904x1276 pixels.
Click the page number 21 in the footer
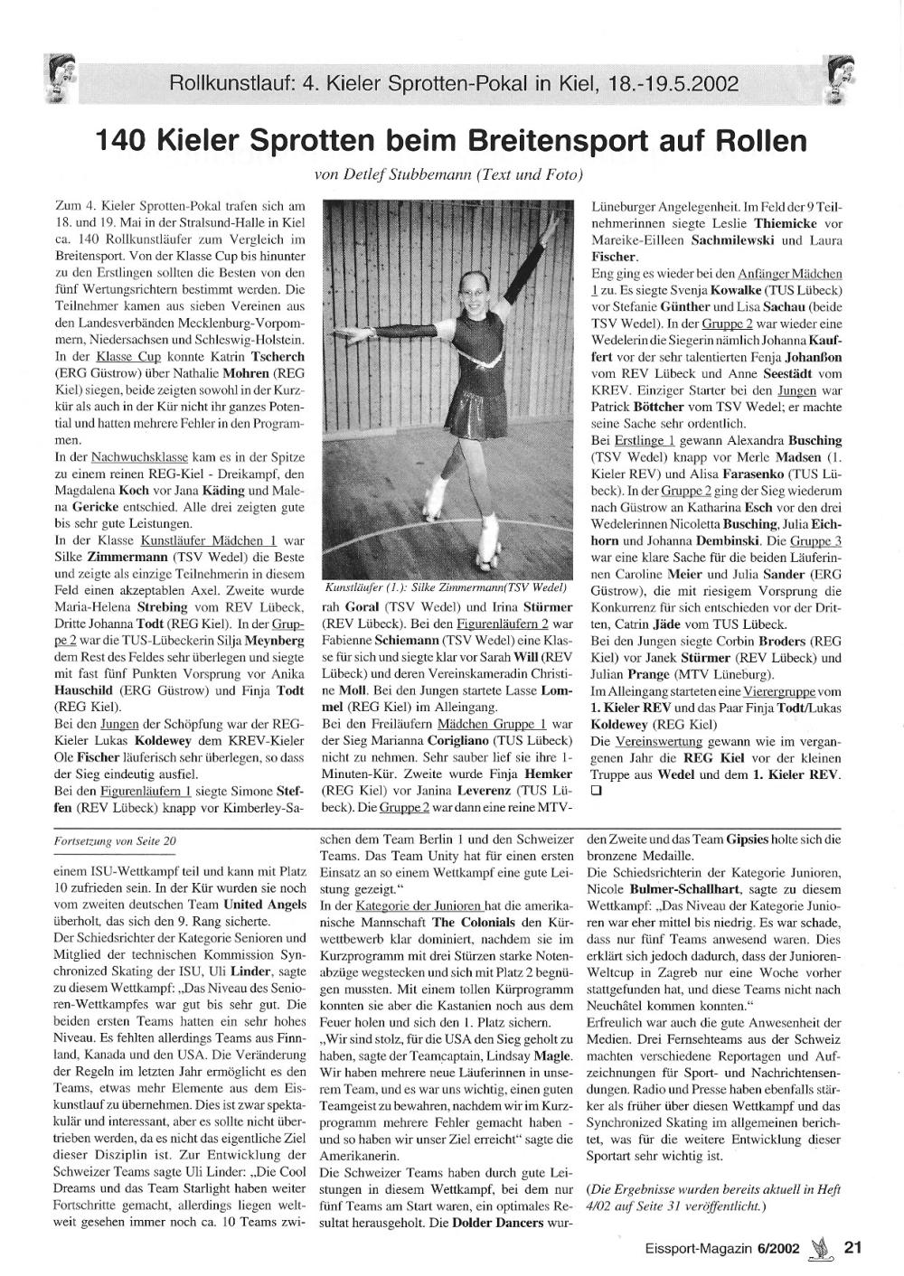click(x=852, y=1247)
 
